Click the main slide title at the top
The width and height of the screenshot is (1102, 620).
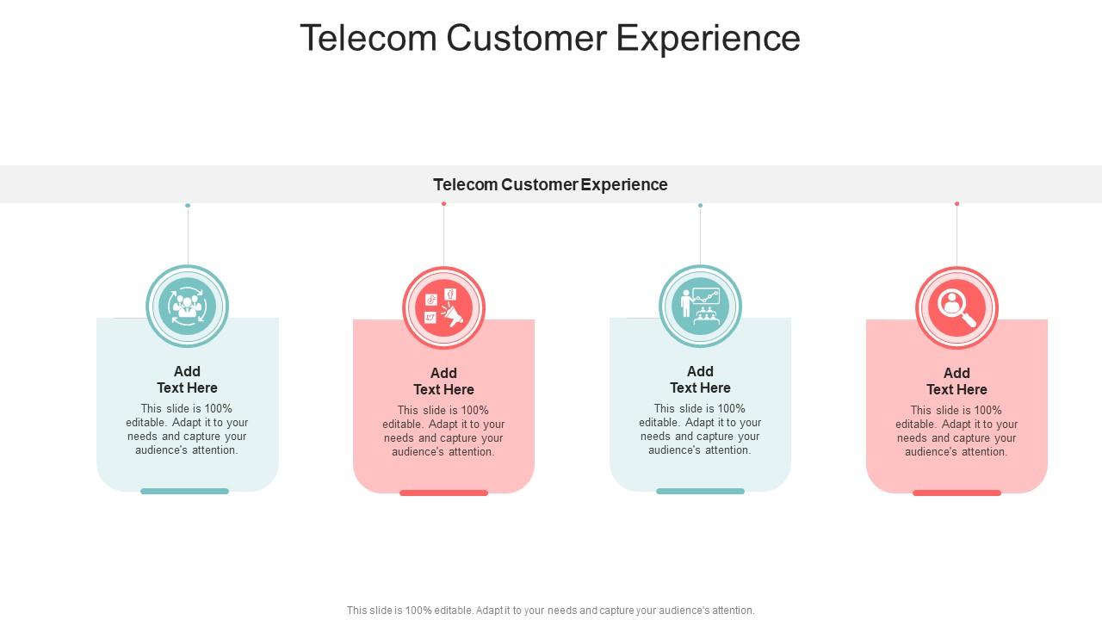point(550,39)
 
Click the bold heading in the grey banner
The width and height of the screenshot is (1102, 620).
point(550,184)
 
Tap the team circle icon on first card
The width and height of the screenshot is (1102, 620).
point(187,306)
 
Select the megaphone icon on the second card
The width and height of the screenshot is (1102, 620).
point(443,307)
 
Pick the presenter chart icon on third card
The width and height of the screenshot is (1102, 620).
point(700,306)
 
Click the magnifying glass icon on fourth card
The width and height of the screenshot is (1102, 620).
point(957,307)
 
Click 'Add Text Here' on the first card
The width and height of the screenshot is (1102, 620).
point(187,380)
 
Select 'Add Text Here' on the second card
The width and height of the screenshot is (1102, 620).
point(443,381)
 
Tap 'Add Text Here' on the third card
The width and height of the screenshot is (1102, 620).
point(700,380)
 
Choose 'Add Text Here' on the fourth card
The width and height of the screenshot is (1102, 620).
point(957,381)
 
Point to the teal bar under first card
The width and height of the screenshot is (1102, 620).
point(184,492)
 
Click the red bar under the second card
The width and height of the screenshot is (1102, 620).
point(443,493)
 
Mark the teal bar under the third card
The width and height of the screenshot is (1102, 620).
point(700,492)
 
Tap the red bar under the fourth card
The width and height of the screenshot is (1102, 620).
point(957,493)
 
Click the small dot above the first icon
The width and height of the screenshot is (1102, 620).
point(188,206)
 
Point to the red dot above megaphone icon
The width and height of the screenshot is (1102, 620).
point(443,204)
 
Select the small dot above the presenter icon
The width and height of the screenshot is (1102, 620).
point(700,206)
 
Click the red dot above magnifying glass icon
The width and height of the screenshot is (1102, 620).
point(957,204)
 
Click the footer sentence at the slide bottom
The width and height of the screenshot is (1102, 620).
point(550,611)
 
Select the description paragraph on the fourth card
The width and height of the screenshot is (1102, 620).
point(957,431)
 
